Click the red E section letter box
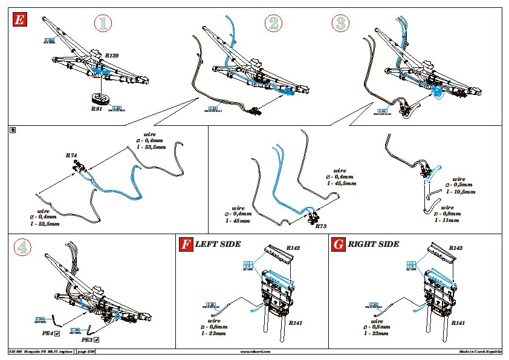pyautogui.click(x=19, y=19)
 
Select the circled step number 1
pyautogui.click(x=104, y=24)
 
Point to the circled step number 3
pyautogui.click(x=341, y=24)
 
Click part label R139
pyautogui.click(x=111, y=55)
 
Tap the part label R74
pyautogui.click(x=71, y=155)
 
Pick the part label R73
pyautogui.click(x=322, y=226)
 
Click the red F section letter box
pyautogui.click(x=186, y=244)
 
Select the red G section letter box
pyautogui.click(x=339, y=244)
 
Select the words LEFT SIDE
pyautogui.click(x=218, y=244)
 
